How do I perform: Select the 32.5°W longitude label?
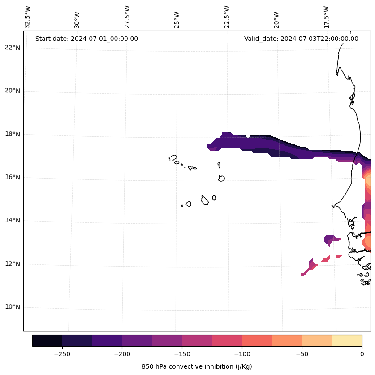click(x=28, y=17)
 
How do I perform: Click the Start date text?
click(x=86, y=39)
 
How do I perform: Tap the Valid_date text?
click(x=301, y=39)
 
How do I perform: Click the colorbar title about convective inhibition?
click(x=197, y=366)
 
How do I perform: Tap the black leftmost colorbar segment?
click(x=47, y=340)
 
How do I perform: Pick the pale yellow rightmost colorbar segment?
click(x=347, y=340)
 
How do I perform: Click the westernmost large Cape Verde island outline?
click(x=173, y=158)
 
